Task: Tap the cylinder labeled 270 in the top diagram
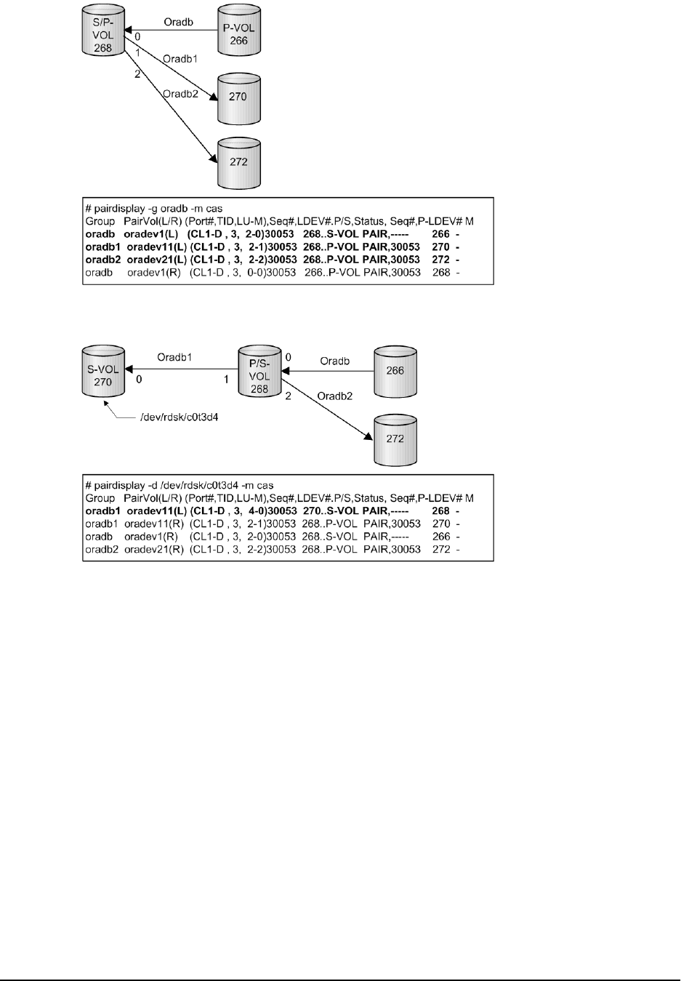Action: tap(238, 96)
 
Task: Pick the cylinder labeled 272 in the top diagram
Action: tap(238, 161)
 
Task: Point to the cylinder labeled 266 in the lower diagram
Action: tap(395, 371)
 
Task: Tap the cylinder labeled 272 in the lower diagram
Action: tap(395, 439)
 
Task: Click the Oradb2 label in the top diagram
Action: tap(181, 93)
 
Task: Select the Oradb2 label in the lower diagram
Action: tap(335, 396)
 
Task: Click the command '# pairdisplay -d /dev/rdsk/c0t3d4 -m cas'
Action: tap(179, 485)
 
